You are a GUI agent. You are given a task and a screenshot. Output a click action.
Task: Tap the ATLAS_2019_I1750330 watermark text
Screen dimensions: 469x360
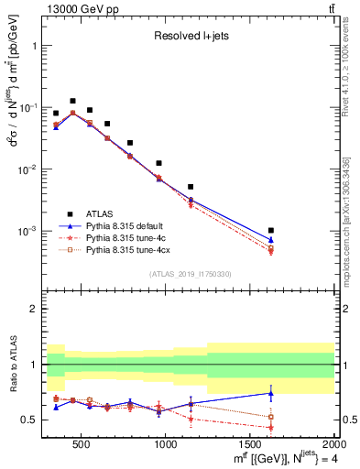coord(190,273)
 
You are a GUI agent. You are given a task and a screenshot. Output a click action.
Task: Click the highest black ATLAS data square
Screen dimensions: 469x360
coord(72,101)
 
